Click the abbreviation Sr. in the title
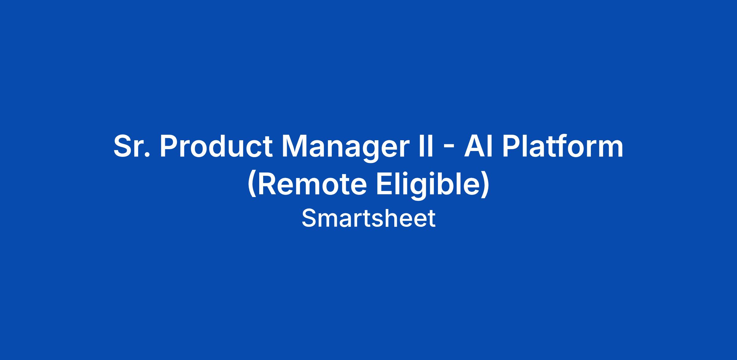click(x=132, y=146)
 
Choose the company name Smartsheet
click(x=368, y=218)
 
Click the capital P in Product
click(x=170, y=146)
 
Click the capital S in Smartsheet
click(x=309, y=218)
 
